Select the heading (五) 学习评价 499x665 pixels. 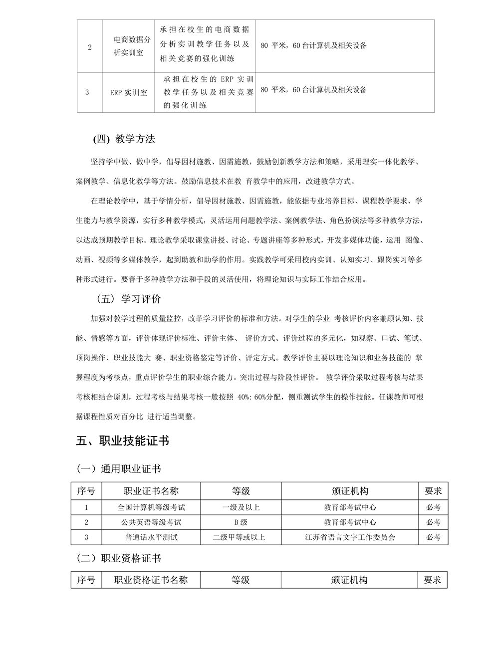click(129, 299)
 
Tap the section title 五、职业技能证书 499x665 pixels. click(123, 441)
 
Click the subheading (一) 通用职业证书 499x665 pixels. click(118, 469)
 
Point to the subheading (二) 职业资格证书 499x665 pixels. click(118, 558)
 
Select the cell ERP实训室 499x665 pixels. click(129, 92)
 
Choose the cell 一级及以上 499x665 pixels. click(241, 507)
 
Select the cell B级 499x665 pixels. click(241, 522)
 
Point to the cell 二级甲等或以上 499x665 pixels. click(241, 537)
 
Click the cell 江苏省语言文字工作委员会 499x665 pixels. click(350, 537)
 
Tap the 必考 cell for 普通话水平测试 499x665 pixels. click(433, 537)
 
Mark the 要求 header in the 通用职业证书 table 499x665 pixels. click(433, 491)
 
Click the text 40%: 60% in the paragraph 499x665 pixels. click(254, 397)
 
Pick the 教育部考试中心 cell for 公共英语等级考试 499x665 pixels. click(350, 522)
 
